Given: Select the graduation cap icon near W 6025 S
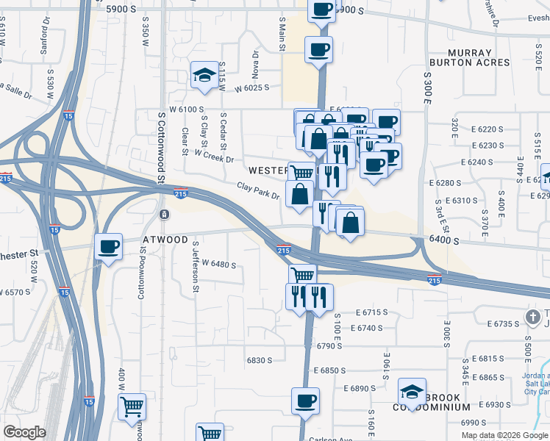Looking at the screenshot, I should pyautogui.click(x=204, y=75).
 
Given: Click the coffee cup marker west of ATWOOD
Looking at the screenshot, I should pyautogui.click(x=109, y=247).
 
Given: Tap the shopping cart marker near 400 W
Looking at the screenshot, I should pyautogui.click(x=132, y=406).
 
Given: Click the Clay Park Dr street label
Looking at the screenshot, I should pyautogui.click(x=258, y=191).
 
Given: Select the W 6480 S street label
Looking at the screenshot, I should pyautogui.click(x=218, y=263).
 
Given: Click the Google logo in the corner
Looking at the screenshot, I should pyautogui.click(x=24, y=432).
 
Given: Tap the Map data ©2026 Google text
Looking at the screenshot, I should pyautogui.click(x=504, y=435).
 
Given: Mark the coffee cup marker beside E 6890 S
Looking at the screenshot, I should pyautogui.click(x=305, y=401).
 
